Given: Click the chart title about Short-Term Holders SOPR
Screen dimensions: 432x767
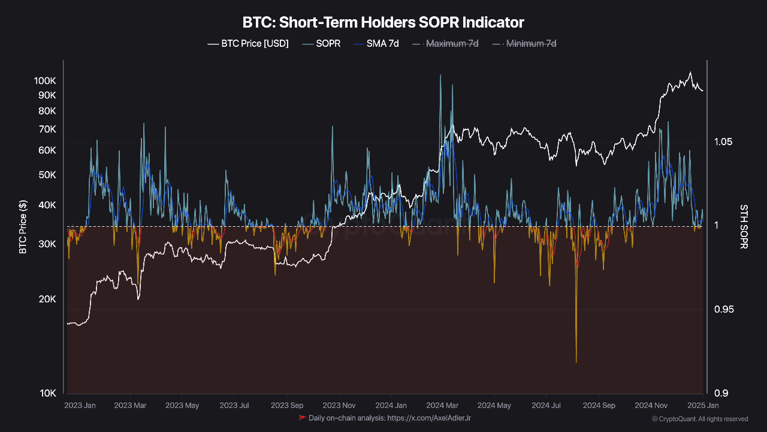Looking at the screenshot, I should point(383,23).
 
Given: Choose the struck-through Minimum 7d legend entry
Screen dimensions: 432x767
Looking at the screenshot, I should point(524,44).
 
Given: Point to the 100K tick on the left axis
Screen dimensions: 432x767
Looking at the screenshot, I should point(45,80).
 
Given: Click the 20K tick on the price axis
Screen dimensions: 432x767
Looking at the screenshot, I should point(47,299).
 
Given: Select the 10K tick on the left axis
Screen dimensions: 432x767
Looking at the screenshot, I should point(47,394).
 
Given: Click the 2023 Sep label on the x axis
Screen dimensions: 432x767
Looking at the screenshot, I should point(286,406).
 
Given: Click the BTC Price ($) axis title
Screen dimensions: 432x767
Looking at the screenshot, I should point(23,226).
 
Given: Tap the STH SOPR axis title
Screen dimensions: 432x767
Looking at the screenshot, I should point(744,226).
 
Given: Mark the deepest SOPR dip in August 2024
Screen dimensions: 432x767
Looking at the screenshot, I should point(576,362).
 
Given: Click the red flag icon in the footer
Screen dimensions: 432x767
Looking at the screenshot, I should point(303,418).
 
